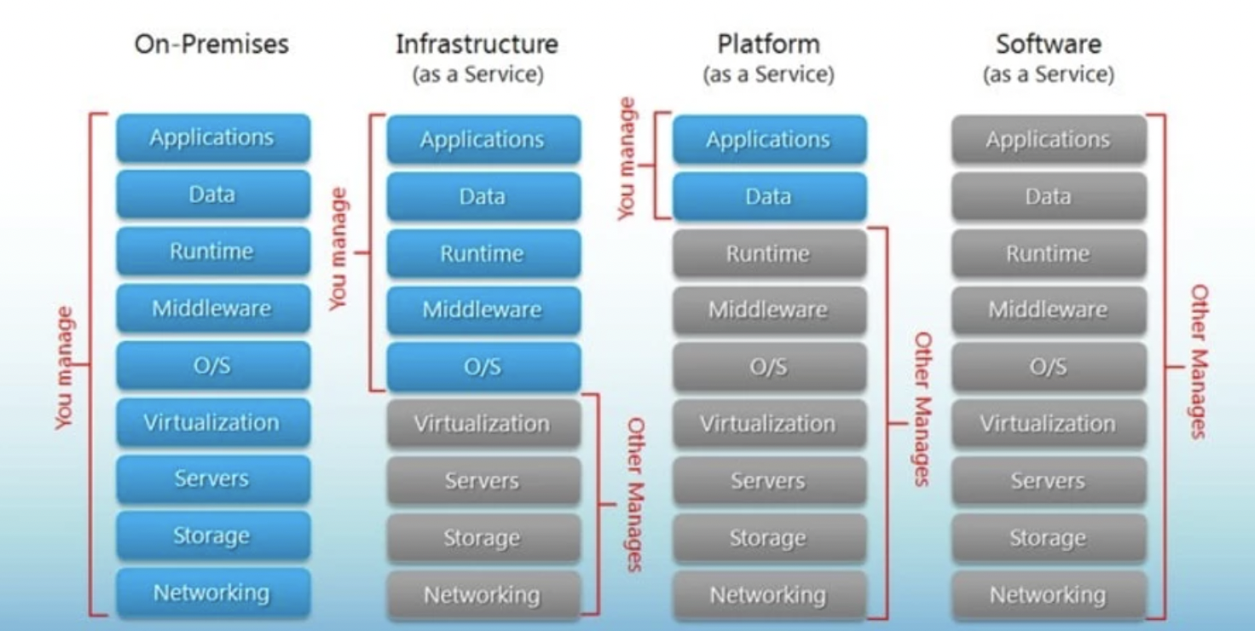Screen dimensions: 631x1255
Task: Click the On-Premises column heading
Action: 211,44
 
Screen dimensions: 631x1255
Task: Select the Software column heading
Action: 1048,44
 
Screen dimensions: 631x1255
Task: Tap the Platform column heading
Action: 768,44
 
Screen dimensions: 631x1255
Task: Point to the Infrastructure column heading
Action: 477,44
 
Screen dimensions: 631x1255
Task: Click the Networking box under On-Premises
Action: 212,593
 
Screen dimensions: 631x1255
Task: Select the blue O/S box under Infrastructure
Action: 483,368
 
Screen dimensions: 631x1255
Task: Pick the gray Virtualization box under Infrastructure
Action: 483,424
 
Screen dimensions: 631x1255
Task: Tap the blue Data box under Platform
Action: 768,197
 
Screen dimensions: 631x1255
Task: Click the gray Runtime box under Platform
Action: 768,253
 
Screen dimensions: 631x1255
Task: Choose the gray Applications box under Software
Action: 1048,140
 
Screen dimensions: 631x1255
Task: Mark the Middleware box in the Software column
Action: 1048,310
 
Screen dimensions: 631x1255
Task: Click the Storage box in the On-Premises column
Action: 212,535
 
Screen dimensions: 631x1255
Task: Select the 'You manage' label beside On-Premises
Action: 65,368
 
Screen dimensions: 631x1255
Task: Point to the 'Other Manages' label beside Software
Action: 1198,362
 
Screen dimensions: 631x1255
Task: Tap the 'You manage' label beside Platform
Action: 627,159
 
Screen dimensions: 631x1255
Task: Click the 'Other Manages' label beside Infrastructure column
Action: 636,494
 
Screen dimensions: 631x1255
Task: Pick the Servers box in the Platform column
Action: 768,481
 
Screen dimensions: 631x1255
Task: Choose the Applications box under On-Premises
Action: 212,138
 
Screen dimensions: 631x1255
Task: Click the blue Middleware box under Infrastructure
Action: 483,310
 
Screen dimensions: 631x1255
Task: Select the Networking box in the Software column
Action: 1048,595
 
